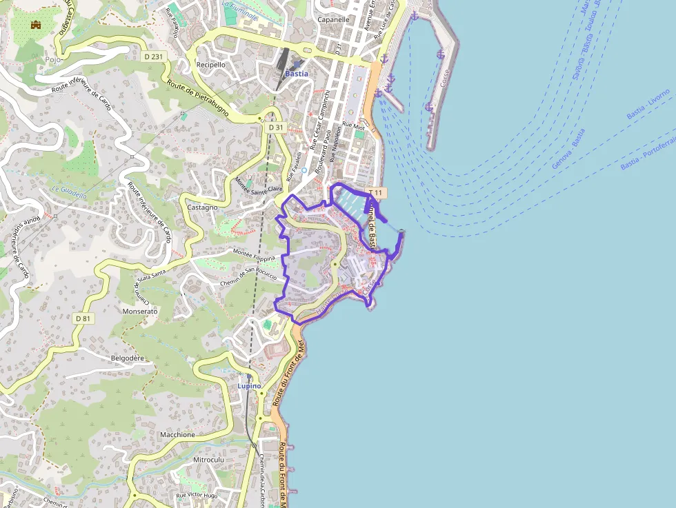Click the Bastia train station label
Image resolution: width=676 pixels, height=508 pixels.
click(297, 73)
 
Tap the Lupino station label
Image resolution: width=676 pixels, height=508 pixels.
click(249, 386)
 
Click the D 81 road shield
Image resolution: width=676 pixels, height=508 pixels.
click(83, 318)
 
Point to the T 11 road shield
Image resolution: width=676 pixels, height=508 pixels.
click(377, 192)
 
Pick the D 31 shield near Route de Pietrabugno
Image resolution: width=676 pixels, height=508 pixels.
click(276, 128)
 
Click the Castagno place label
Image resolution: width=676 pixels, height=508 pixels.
click(202, 207)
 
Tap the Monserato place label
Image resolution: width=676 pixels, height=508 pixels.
click(139, 312)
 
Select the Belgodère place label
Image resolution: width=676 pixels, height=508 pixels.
click(128, 358)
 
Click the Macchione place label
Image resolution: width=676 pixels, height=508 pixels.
click(177, 435)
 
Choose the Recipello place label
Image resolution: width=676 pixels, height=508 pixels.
click(210, 65)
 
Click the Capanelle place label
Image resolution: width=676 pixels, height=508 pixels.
click(333, 20)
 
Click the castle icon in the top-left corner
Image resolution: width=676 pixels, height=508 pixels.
click(36, 25)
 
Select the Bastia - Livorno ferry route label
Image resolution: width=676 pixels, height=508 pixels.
click(648, 104)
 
